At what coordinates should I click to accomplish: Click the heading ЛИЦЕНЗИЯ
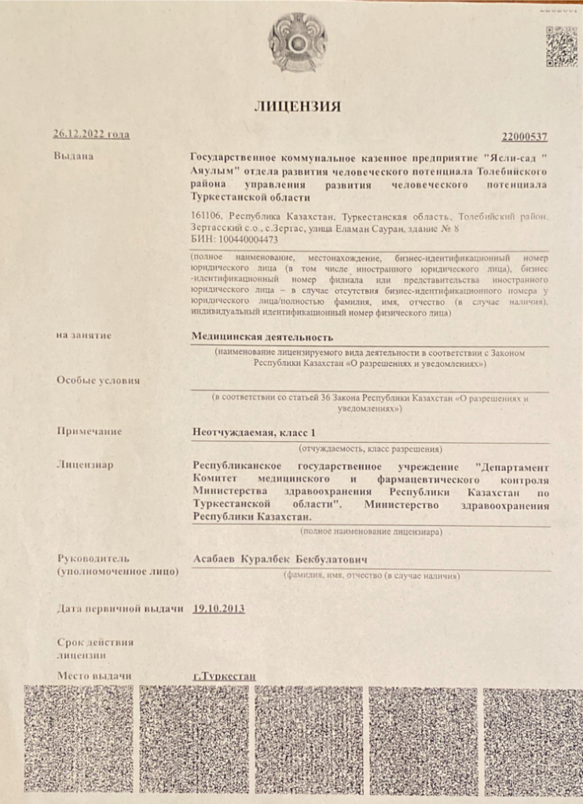pos(296,107)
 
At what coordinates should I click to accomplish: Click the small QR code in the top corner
pos(561,46)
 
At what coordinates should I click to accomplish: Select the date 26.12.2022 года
pos(91,135)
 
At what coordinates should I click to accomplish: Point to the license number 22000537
pos(524,137)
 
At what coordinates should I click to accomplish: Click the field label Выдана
pos(74,156)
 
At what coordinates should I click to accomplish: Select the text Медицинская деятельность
pos(257,336)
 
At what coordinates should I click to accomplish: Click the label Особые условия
pos(98,381)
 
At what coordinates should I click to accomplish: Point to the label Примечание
pos(90,431)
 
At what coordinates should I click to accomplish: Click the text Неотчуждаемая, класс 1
pos(253,432)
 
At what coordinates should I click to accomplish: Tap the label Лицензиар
pos(85,465)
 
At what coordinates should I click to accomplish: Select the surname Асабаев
pos(215,558)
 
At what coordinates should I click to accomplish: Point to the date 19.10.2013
pos(218,608)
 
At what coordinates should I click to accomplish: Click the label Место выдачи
pos(93,675)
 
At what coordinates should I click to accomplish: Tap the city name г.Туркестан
pos(224,676)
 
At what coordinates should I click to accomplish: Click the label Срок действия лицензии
pos(95,648)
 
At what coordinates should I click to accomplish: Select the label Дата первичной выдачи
pos(120,609)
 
